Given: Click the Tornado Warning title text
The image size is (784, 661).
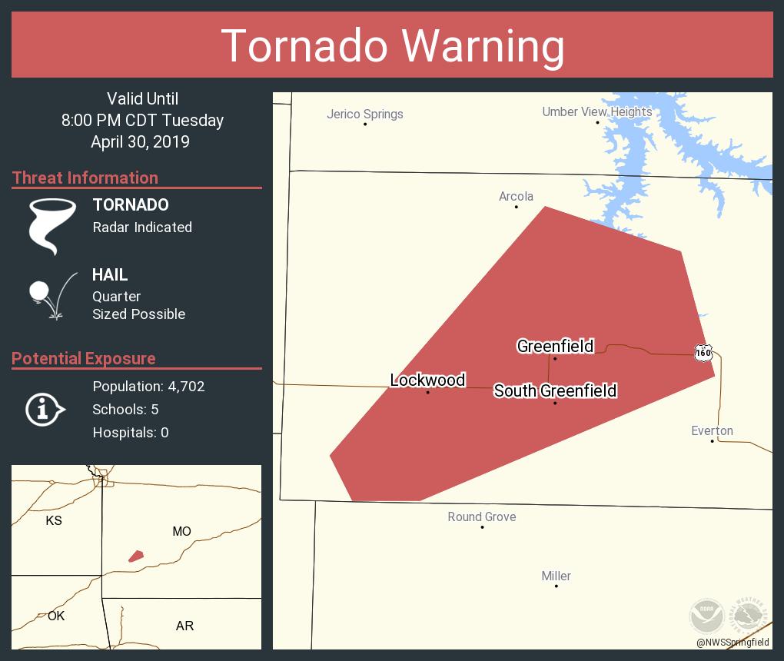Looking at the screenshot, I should [392, 45].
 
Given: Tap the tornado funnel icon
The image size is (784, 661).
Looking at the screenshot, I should [52, 226].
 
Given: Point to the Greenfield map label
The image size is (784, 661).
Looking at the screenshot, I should [555, 346].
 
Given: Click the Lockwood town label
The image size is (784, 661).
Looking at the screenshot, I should [427, 380].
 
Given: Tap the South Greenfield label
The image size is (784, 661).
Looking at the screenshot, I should [555, 390].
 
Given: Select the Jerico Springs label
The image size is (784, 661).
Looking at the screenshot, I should [364, 114].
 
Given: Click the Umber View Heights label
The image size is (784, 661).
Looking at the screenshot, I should [596, 111].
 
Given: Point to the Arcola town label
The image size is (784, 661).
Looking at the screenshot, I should [516, 196].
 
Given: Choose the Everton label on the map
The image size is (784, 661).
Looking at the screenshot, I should [712, 430].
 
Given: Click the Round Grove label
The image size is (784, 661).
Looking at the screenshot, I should [481, 517].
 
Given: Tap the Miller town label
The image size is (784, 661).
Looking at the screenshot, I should [556, 576].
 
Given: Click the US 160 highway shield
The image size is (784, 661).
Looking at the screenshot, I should [703, 353].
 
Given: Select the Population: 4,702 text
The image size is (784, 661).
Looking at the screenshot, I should [148, 386].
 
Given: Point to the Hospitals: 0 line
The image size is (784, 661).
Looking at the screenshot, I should [131, 432].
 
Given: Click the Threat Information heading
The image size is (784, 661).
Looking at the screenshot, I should [85, 178].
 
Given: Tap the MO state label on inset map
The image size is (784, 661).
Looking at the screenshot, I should [181, 531].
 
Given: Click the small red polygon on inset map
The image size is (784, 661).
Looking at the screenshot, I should [136, 556].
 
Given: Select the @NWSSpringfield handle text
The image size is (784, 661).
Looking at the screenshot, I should [733, 643].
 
